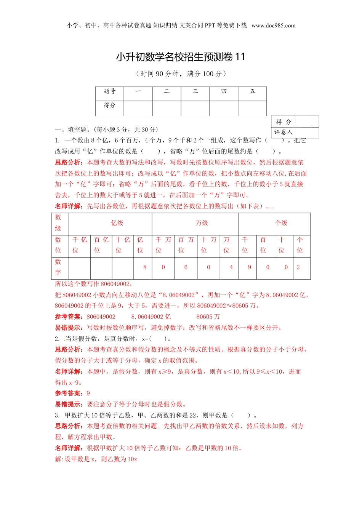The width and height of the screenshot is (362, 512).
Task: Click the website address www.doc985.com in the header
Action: point(273,26)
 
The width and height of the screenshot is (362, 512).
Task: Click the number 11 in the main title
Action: point(240,57)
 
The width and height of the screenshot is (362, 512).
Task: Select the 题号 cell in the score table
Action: point(109,91)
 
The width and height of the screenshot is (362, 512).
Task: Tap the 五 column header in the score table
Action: point(252,91)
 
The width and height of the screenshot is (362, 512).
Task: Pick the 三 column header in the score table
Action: point(195,91)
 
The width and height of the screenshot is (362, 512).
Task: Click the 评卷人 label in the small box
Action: point(283,132)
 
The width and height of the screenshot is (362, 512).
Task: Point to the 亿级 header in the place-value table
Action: point(117,223)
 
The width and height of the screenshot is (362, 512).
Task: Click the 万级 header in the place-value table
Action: point(202,223)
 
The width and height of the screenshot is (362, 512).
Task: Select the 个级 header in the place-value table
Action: point(282,223)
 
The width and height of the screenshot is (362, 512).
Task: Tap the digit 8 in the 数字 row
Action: point(145,267)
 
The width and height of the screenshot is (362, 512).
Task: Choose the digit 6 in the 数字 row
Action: point(186,267)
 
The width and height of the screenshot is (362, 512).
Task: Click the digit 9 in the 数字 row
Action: point(250,267)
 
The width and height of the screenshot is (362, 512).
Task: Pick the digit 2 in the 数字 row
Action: point(298,267)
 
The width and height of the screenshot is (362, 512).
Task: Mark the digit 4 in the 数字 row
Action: point(231,267)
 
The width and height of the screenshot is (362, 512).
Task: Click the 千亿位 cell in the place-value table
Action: point(80,245)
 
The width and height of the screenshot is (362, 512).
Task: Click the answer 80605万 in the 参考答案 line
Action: point(208,317)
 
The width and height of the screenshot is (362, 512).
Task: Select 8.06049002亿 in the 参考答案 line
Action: point(151,317)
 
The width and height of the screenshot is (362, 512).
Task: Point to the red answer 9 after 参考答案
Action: point(88,394)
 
